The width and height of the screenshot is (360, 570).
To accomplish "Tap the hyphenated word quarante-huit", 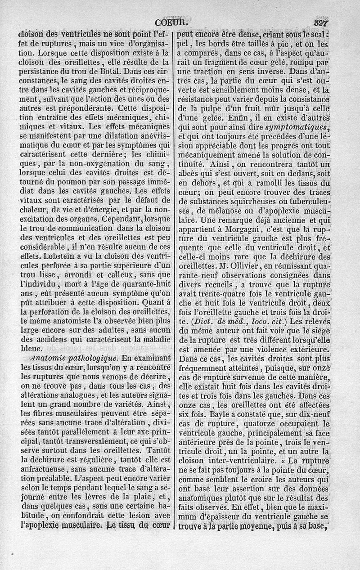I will tap(143, 283).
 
